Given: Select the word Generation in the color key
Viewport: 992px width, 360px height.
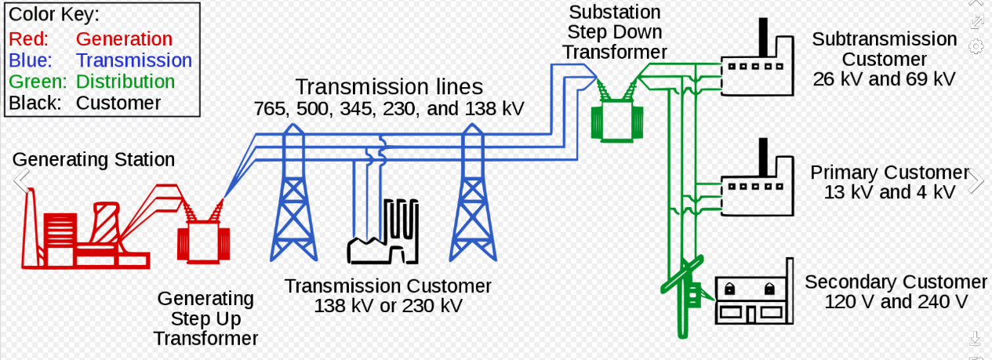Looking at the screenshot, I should [124, 39].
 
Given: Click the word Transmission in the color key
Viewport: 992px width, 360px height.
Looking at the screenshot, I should [133, 60].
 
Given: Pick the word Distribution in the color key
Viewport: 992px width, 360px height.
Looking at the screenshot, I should [125, 82].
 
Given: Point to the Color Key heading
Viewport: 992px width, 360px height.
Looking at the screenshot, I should [54, 15].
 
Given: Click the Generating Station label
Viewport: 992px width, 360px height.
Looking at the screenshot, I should [93, 160].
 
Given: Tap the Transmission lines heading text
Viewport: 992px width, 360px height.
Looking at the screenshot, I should [389, 87].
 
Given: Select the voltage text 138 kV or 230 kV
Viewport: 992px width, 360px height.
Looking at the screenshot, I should [388, 306].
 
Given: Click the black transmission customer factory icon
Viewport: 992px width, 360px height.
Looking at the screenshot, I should [383, 235].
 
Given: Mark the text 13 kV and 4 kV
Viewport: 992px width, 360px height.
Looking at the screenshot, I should [889, 193].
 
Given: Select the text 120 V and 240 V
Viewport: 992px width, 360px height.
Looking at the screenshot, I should [896, 302].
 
